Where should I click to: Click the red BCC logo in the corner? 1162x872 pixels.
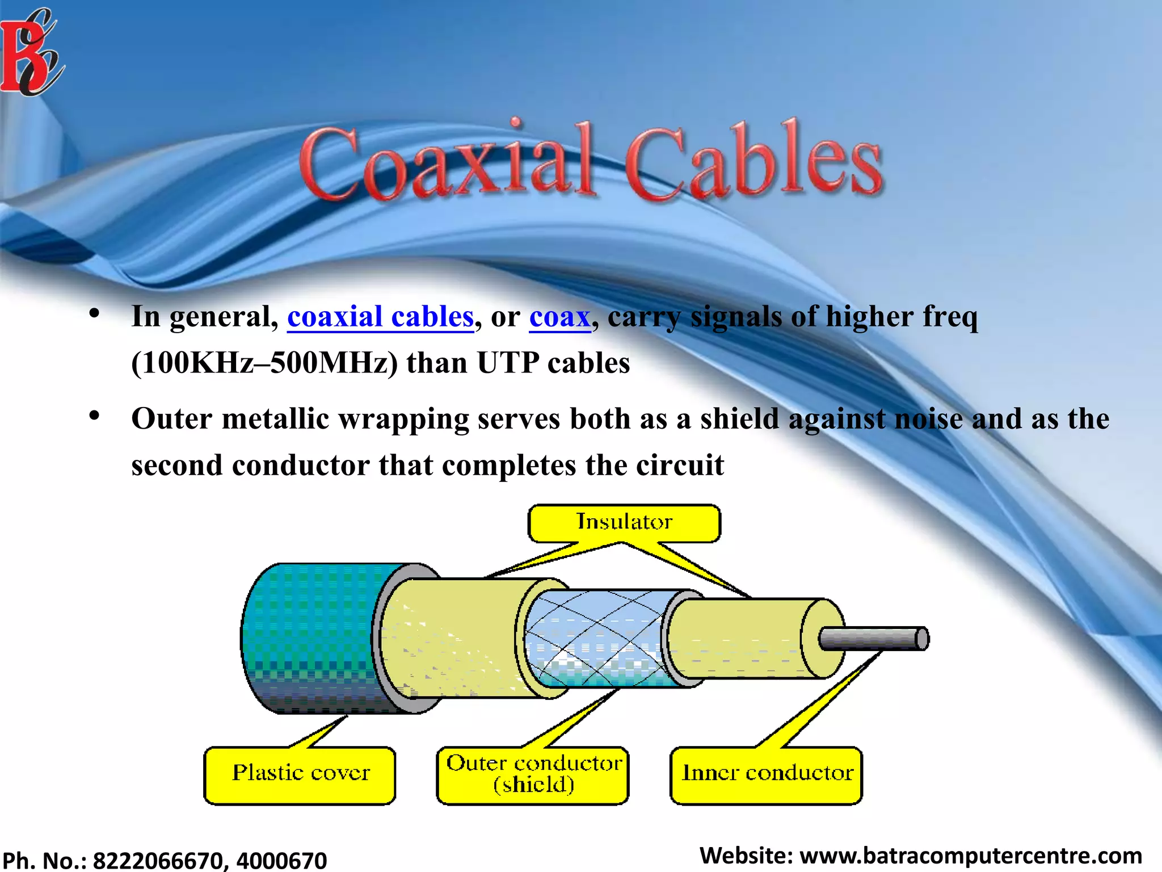coord(31,54)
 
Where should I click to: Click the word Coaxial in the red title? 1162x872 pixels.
coord(448,162)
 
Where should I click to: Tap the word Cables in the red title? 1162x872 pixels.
coord(755,162)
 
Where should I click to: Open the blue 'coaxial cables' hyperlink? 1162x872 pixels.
coord(380,317)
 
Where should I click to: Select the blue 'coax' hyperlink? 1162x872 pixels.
coord(560,317)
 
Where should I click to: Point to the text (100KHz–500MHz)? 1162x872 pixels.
coord(264,363)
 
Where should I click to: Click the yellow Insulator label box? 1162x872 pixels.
coord(624,522)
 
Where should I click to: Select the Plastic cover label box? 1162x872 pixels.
coord(300,774)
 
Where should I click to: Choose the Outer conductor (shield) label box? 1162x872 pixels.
coord(533,774)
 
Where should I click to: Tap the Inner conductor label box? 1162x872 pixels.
coord(767,774)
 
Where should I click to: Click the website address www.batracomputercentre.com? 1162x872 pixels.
coord(970,856)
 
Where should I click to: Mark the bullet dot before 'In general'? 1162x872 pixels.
coord(94,313)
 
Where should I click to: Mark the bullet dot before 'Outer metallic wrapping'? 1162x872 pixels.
coord(94,416)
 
